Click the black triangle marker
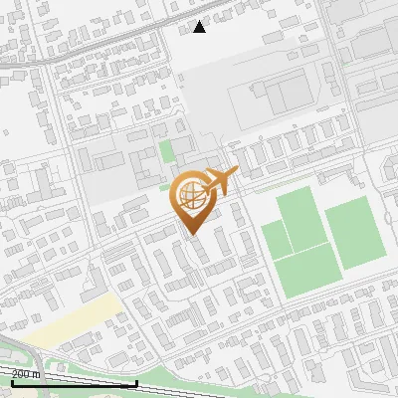[x=200, y=28]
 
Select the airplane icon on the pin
[x=221, y=182]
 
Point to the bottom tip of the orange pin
[x=191, y=234]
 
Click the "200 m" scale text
[x=26, y=374]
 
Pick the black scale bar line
[x=74, y=383]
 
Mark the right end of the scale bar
[x=136, y=383]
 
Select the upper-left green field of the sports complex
[x=299, y=217]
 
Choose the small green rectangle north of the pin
[x=166, y=152]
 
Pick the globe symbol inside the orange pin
[x=191, y=196]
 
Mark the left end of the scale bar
[x=11, y=383]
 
